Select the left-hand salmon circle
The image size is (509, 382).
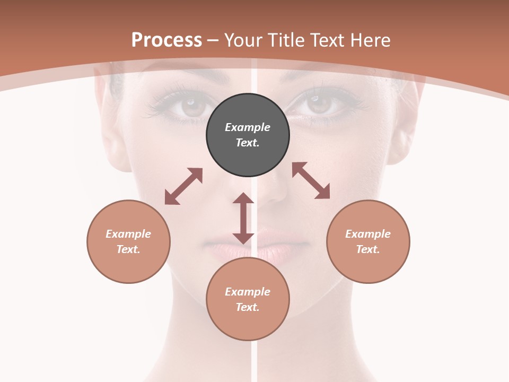coord(128,241)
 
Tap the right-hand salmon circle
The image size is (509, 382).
coord(368,241)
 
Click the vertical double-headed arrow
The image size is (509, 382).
coord(243,218)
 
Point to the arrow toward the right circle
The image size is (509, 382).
coord(311,180)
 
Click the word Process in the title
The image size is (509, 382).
coord(166,40)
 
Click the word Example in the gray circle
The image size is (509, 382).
coord(248,127)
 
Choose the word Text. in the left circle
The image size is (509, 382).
coord(128,249)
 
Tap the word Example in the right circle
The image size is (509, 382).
coord(368,234)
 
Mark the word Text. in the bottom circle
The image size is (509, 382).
coord(248,307)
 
